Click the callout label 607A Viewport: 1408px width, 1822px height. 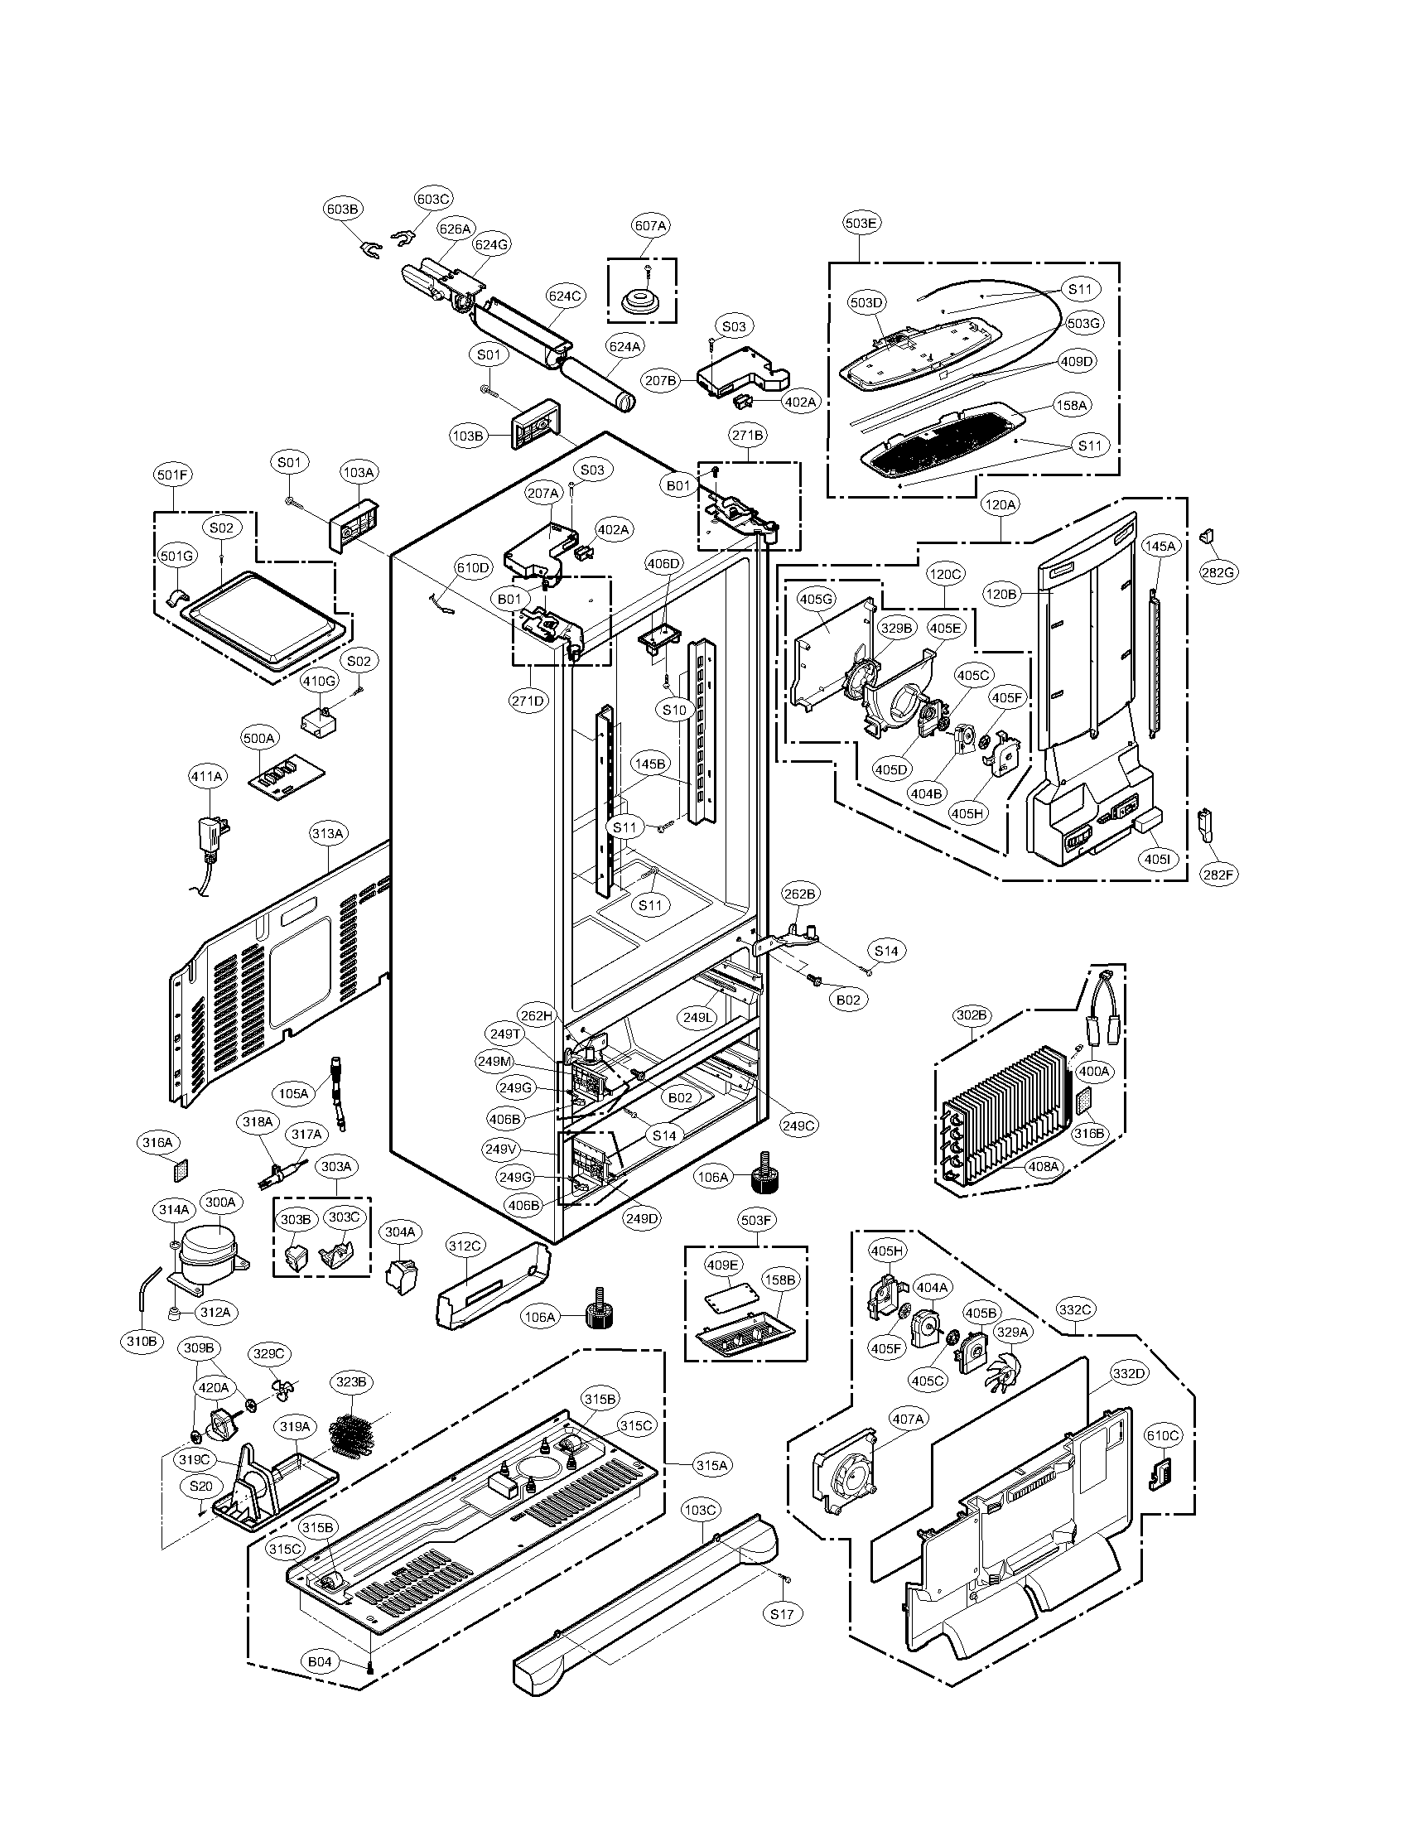pos(652,225)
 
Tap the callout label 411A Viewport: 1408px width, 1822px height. pos(207,776)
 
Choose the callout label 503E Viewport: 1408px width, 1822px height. pos(861,223)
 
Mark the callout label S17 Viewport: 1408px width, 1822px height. pos(782,1613)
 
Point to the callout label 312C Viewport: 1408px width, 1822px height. pos(465,1246)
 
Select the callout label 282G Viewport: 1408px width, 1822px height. pos(1217,572)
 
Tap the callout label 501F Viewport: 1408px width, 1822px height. pos(172,475)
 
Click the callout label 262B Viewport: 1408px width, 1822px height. pos(799,894)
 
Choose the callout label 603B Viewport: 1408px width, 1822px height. pos(342,210)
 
